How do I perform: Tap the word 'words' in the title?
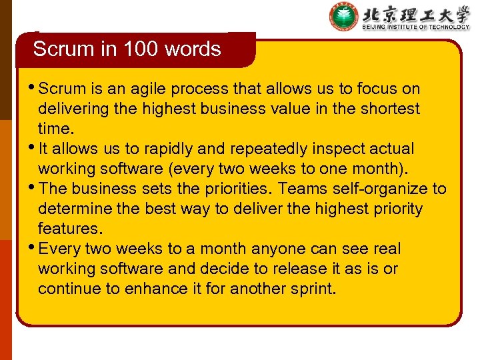[195, 49]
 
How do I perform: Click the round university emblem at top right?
[343, 17]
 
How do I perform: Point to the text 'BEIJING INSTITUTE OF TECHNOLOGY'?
[415, 27]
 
